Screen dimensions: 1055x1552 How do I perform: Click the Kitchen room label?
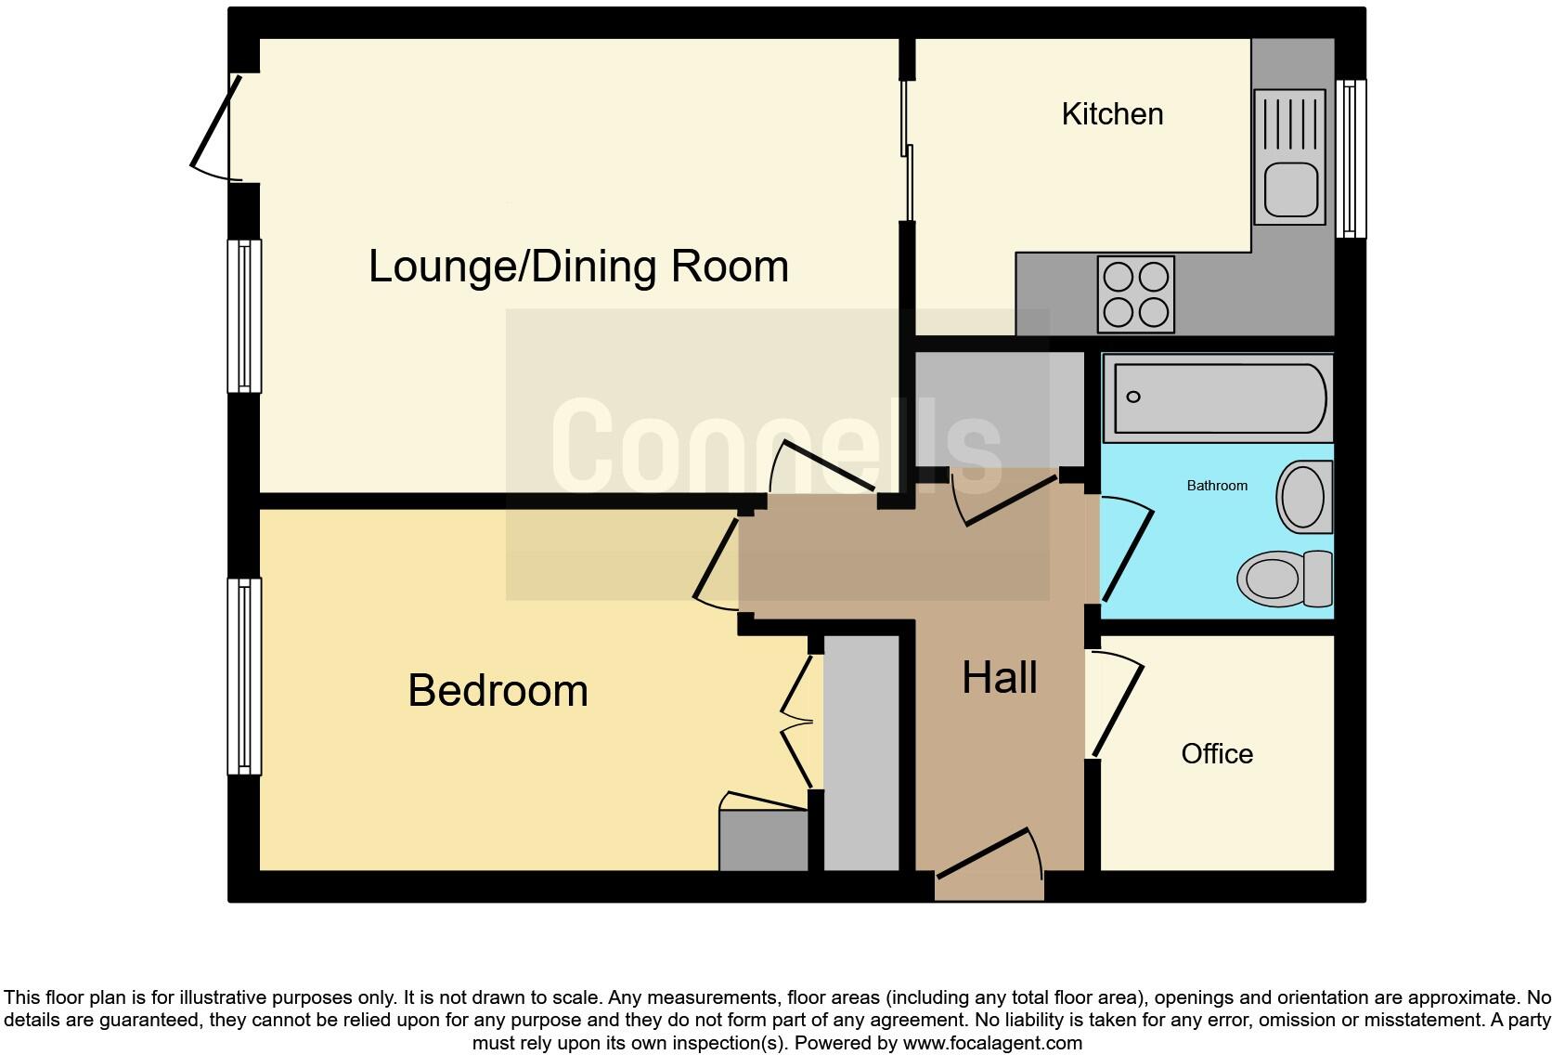1112,114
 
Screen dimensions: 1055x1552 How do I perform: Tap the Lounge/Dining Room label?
578,267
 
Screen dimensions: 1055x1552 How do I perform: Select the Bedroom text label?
498,691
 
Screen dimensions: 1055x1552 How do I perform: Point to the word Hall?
999,678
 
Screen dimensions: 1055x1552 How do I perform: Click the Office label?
1216,753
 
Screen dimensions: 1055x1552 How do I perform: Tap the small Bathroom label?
1216,486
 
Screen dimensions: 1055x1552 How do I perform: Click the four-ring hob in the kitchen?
1135,294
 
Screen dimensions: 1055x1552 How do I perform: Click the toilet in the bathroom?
1286,578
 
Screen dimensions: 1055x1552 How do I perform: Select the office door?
1117,708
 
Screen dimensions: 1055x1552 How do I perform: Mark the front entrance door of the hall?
989,853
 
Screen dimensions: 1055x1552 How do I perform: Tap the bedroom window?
244,676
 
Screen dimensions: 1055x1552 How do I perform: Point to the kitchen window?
1351,158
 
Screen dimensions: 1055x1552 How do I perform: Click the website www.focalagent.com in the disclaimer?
992,1043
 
